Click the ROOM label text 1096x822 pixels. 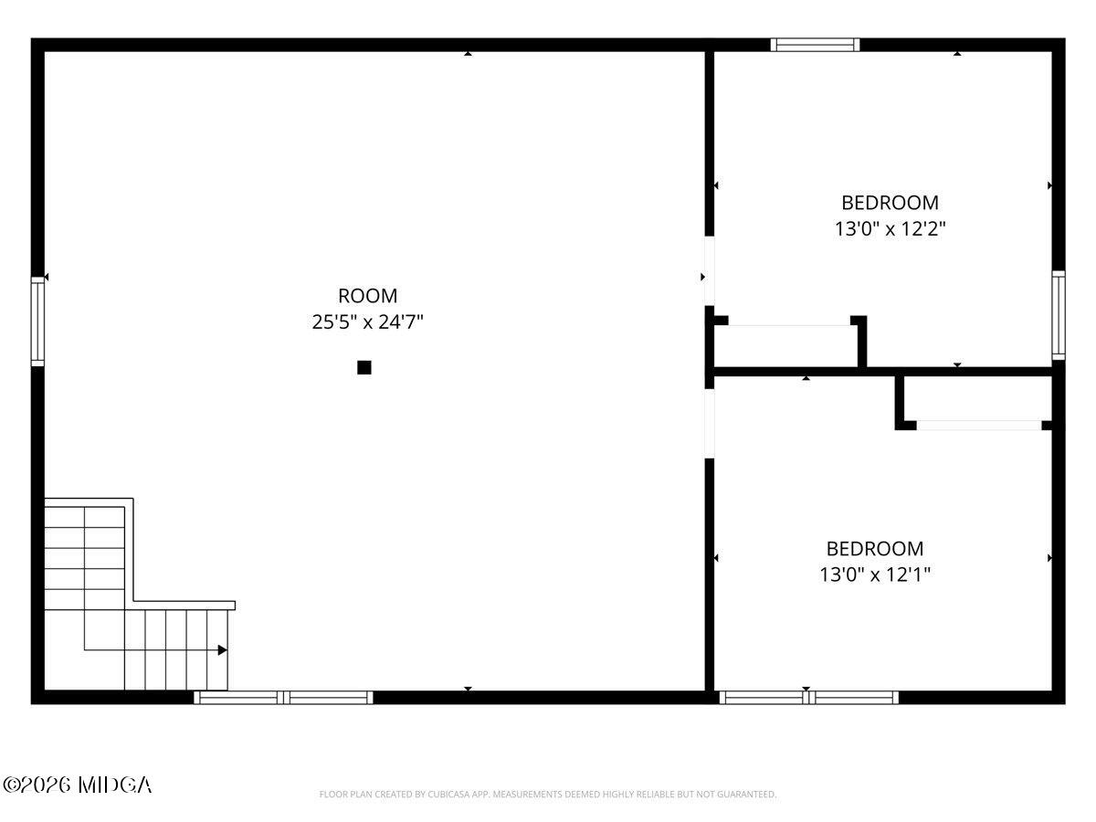367,296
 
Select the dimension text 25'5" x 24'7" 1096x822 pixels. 367,322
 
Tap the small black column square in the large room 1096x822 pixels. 364,367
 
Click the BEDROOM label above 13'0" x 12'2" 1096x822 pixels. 890,203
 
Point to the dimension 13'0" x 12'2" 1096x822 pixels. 890,229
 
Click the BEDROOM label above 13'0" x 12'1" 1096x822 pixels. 875,549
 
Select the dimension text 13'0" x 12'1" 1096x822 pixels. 875,575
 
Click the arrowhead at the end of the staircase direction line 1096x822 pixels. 222,650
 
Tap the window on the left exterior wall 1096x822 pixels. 37,321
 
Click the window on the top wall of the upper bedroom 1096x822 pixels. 815,45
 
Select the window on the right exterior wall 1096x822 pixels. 1058,315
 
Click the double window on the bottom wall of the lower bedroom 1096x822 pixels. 809,698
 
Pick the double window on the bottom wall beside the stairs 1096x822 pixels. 283,698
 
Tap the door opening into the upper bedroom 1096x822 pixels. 709,271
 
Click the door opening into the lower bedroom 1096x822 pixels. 709,423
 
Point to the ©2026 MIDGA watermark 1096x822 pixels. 78,785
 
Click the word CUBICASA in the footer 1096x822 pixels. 448,795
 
